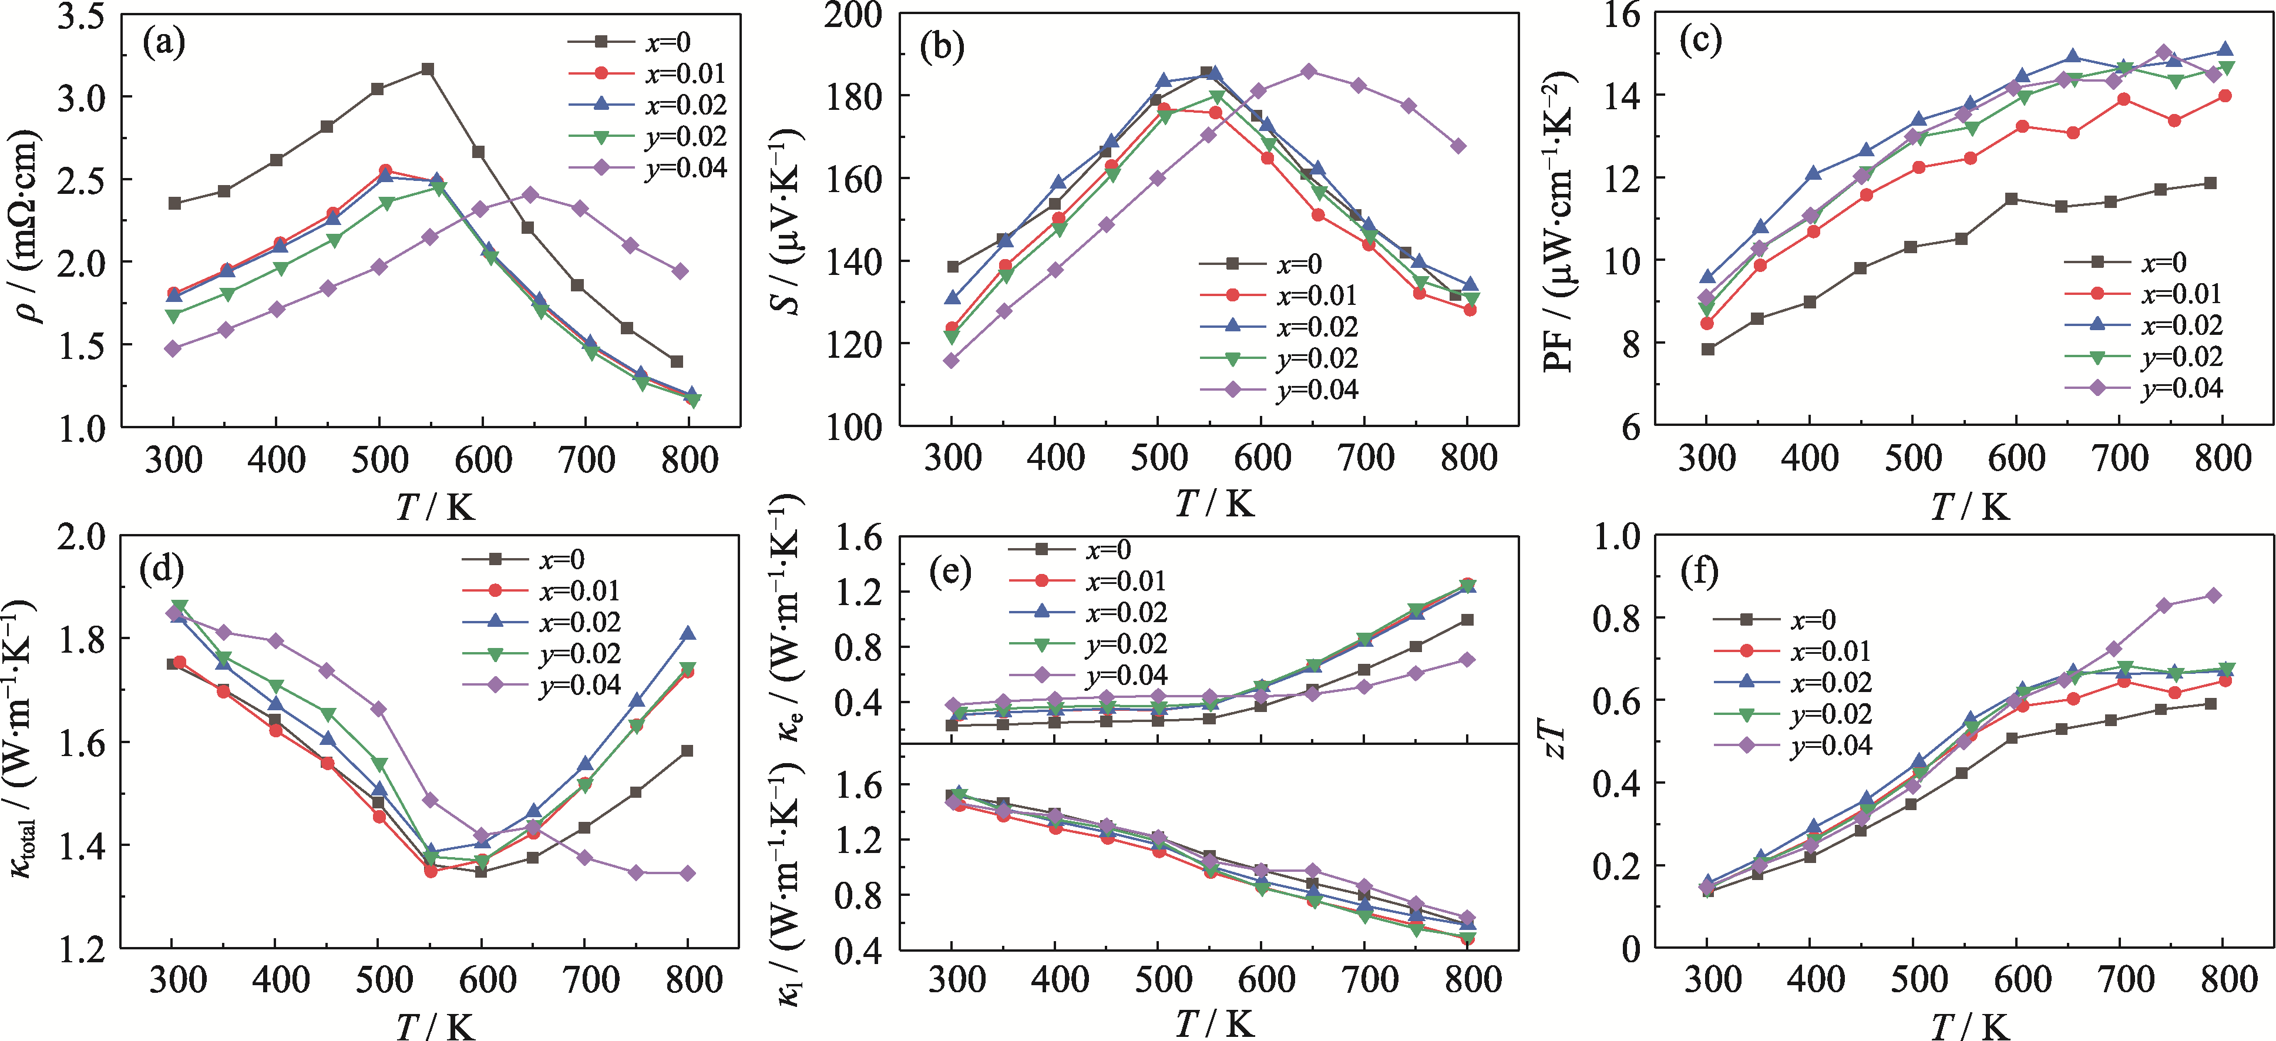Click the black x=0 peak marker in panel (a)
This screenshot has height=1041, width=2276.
428,69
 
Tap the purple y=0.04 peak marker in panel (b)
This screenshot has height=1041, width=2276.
1309,70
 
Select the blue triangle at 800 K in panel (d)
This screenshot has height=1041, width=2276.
687,634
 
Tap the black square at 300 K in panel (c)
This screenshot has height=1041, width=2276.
1708,349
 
